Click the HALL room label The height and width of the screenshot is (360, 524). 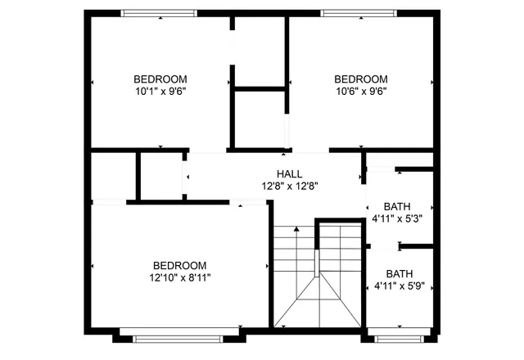(x=289, y=174)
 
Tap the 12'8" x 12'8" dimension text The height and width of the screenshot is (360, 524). (x=289, y=186)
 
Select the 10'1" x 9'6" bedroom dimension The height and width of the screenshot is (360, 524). (x=160, y=92)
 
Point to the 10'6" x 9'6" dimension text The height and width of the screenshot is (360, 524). (x=360, y=92)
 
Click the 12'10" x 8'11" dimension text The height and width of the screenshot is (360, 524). (x=180, y=277)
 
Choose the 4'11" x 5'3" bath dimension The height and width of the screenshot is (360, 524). (x=397, y=218)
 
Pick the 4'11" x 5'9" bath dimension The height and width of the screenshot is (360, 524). (x=399, y=286)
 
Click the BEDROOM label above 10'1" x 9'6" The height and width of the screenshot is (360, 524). (x=160, y=79)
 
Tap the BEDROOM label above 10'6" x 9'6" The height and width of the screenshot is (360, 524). (x=360, y=79)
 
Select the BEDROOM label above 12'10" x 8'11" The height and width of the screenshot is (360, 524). (x=180, y=265)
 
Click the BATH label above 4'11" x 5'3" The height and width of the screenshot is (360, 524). (x=397, y=207)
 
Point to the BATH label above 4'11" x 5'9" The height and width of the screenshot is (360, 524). (x=400, y=274)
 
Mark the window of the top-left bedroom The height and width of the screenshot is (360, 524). (x=159, y=13)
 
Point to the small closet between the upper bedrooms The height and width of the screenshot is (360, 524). (x=260, y=119)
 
